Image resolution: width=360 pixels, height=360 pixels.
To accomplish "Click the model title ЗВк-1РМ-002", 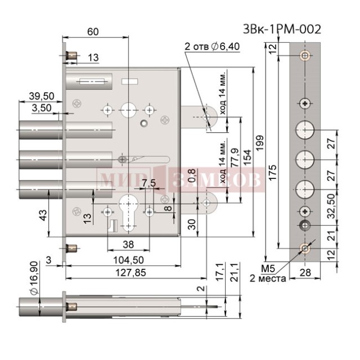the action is click(x=282, y=29).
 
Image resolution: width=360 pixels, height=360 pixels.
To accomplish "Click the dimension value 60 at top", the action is click(x=93, y=31).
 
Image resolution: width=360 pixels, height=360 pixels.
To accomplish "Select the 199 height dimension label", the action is click(x=260, y=143).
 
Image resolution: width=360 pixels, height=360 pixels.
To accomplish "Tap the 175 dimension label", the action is click(x=273, y=173).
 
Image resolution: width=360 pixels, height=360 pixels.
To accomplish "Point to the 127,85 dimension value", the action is click(x=130, y=273).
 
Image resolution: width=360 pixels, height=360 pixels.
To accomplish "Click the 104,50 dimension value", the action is click(x=129, y=260).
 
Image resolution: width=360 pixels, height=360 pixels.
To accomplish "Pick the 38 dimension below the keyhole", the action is click(x=128, y=245).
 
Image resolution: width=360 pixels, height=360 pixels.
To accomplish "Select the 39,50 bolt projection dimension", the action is click(x=42, y=96).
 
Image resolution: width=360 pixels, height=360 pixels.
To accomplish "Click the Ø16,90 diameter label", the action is click(x=34, y=278).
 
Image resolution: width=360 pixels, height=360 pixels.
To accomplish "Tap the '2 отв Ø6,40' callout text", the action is click(x=212, y=47).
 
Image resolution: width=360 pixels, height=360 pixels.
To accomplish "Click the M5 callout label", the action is click(x=268, y=269).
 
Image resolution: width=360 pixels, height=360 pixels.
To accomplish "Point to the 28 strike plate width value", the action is click(x=305, y=273).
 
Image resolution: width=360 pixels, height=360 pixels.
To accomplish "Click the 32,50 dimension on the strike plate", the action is click(x=331, y=206).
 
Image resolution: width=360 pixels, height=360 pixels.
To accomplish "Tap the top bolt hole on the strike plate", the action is click(x=305, y=55).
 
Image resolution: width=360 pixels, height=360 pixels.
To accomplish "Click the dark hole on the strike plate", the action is click(x=305, y=226).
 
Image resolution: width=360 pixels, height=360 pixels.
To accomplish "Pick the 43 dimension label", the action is click(x=43, y=215).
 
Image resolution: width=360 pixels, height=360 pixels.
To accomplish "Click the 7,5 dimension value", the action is click(x=148, y=183).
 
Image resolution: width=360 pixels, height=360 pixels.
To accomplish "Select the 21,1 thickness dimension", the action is click(x=235, y=272).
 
